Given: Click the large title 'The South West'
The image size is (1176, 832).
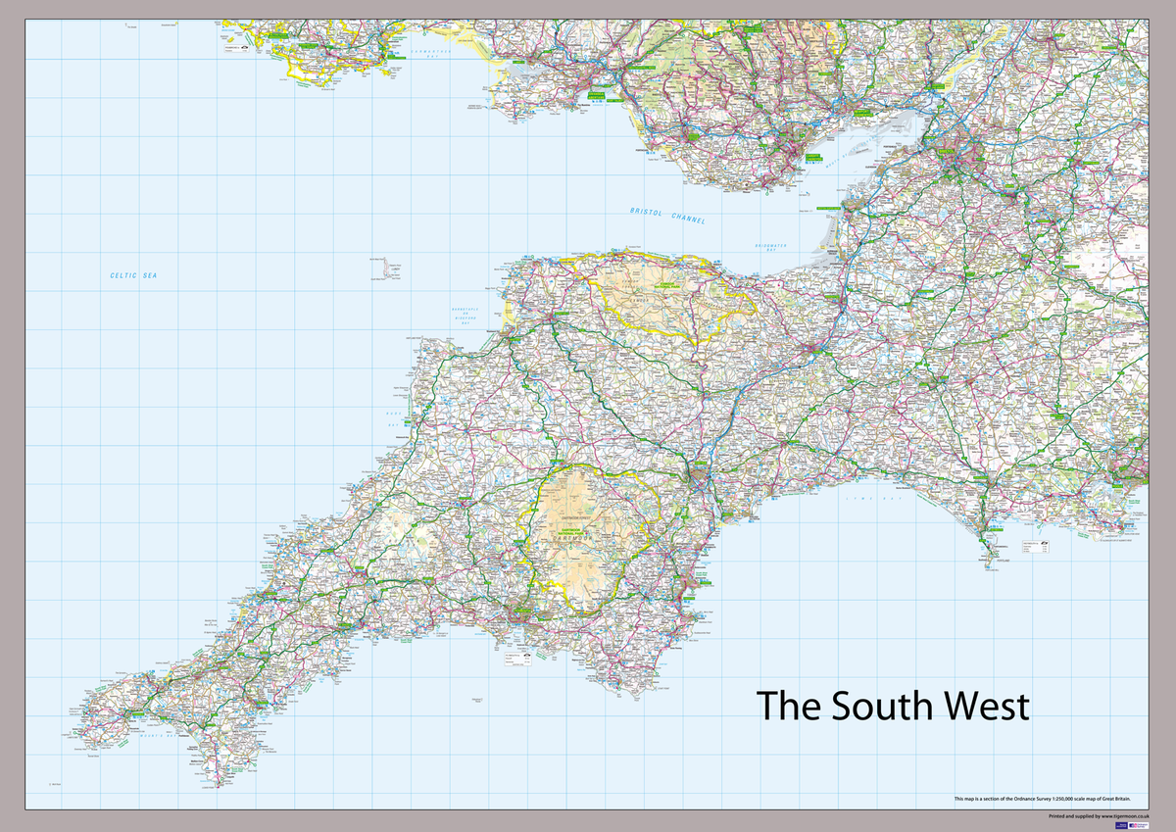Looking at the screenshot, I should click(892, 706).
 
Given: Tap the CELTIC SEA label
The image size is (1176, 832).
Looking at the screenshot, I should click(133, 276).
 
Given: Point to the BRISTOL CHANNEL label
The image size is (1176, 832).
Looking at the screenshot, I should click(668, 216).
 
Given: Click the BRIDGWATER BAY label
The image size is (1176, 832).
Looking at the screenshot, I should click(773, 247).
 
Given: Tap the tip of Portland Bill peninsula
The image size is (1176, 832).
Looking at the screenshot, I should click(987, 567).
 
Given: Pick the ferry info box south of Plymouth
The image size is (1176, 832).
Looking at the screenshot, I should click(516, 661).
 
